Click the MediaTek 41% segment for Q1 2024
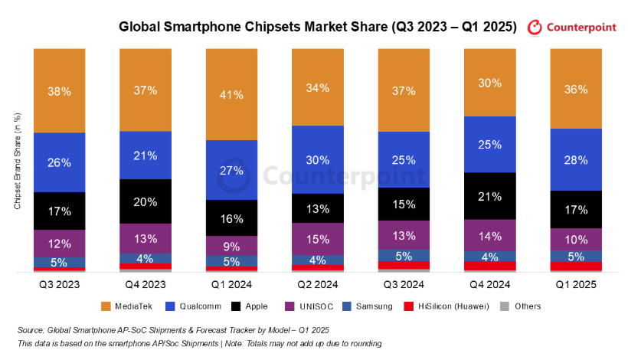click(231, 94)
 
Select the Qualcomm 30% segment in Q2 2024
click(318, 159)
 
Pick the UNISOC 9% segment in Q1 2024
click(231, 246)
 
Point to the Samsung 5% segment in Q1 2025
click(575, 256)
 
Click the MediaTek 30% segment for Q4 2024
click(489, 82)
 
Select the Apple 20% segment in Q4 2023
click(146, 201)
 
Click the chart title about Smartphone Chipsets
click(318, 27)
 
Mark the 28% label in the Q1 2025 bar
click(575, 159)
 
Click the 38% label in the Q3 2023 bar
click(60, 91)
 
